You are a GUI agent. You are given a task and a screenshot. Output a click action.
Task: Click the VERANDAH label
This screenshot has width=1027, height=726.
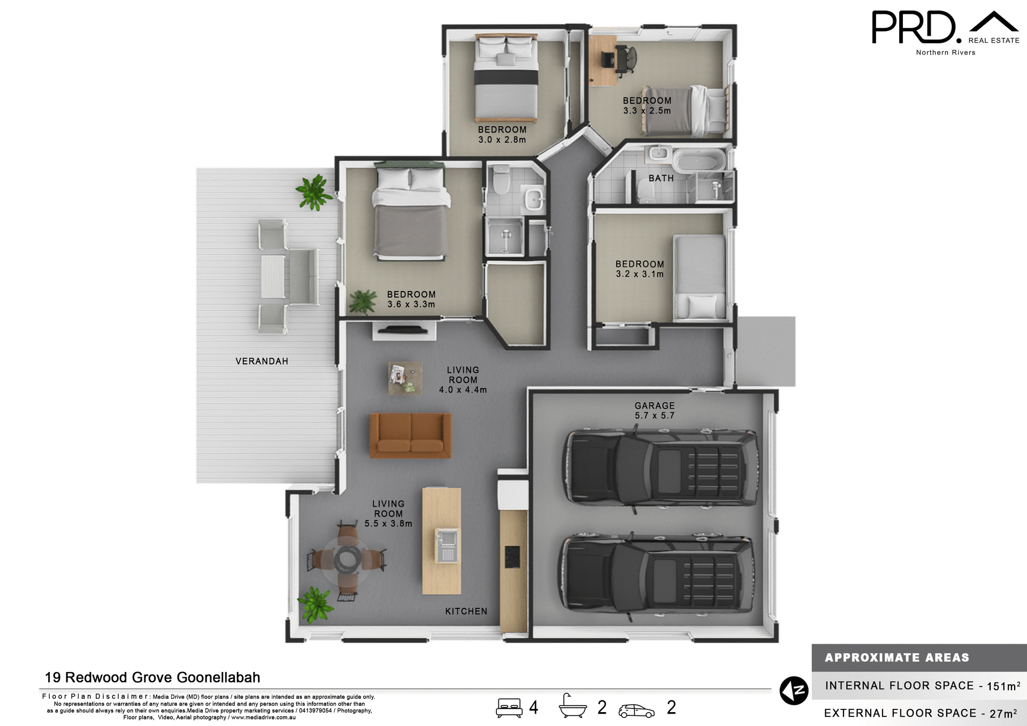pos(262,361)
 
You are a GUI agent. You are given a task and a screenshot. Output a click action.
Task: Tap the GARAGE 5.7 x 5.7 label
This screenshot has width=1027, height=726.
pos(654,410)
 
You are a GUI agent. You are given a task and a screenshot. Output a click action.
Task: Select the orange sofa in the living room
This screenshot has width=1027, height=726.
pos(410,435)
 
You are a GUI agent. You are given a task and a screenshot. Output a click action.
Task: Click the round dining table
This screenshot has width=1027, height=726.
pos(348,559)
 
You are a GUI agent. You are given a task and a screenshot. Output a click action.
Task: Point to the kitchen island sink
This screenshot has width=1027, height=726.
pos(446,545)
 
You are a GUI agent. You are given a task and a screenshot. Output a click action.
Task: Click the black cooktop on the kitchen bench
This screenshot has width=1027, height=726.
pos(512,557)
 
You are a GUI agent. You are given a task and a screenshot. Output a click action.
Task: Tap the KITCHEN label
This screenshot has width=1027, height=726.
pos(466,611)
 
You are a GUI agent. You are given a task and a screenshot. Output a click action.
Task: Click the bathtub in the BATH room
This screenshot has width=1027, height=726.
pos(699,160)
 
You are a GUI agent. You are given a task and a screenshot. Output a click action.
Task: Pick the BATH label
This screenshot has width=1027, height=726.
pos(661,178)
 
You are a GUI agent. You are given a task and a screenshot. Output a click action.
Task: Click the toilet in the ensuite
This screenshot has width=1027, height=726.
pos(501,180)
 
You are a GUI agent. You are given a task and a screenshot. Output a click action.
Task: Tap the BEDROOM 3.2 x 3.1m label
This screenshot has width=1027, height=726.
pos(639,269)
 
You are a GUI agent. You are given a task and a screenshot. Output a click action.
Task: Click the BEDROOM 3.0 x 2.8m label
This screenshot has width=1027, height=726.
pos(502,134)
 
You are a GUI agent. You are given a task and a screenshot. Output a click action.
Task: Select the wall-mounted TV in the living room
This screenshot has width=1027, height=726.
pos(404,330)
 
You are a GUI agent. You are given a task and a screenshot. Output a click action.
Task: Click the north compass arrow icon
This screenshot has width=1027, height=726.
pos(793,691)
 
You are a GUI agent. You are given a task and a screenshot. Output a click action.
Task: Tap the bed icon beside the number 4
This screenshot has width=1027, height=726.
pos(509,707)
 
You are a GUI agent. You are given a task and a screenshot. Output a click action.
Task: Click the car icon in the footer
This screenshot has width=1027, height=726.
pos(636,710)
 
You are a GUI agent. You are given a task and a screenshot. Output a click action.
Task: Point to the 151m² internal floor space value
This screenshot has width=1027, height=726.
pos(1003,686)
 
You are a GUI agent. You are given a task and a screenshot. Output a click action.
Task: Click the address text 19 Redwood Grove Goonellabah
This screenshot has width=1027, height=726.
pos(152,677)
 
